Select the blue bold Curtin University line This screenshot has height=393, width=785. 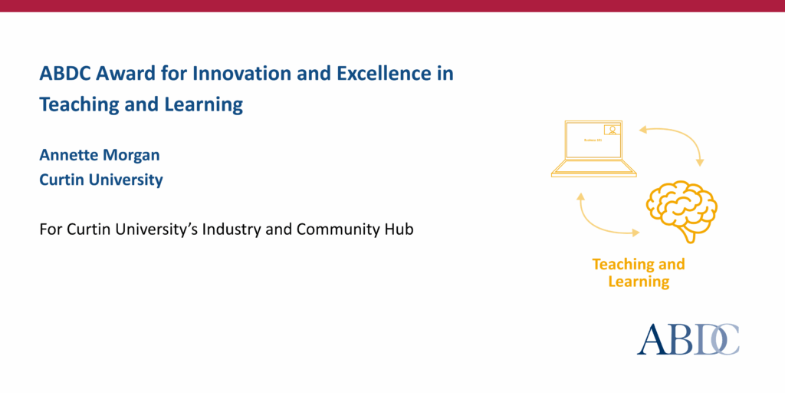pyautogui.click(x=101, y=180)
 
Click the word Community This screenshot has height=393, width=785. pyautogui.click(x=338, y=229)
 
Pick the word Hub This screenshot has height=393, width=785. pyautogui.click(x=399, y=229)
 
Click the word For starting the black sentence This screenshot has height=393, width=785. pyautogui.click(x=51, y=229)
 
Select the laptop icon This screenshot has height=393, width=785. pyautogui.click(x=594, y=149)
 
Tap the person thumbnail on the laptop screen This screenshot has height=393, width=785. pyautogui.click(x=613, y=130)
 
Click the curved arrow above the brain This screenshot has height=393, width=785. pyautogui.click(x=675, y=142)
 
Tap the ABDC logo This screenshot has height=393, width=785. pyautogui.click(x=688, y=339)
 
